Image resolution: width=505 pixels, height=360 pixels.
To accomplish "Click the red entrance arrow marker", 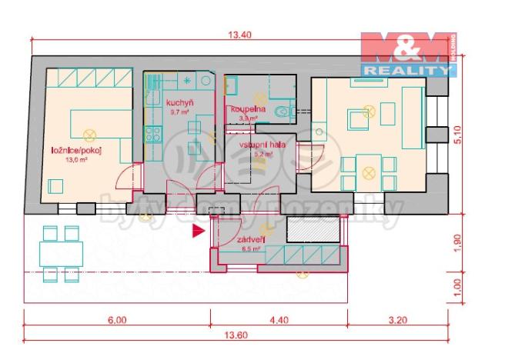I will [x=199, y=228].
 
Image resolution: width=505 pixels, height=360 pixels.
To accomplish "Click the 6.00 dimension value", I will [x=116, y=321].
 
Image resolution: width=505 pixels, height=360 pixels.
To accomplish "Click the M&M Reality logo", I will [x=408, y=55].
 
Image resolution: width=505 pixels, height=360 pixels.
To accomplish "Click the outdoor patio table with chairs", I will [x=62, y=252].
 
